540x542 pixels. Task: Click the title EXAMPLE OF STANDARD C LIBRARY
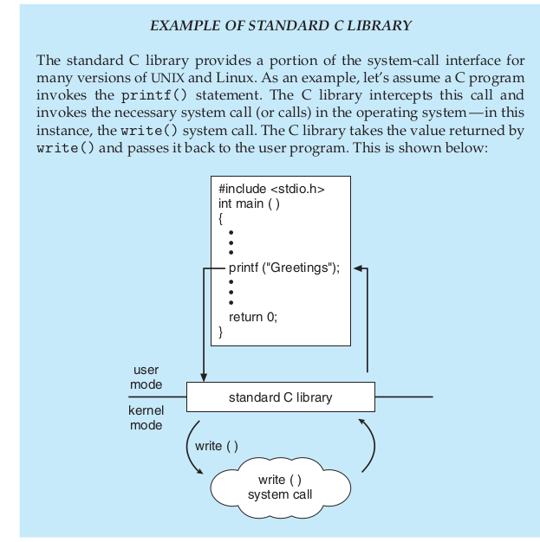click(281, 26)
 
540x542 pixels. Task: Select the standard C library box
click(281, 397)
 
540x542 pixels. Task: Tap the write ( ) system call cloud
click(280, 487)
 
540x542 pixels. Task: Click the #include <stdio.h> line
click(271, 189)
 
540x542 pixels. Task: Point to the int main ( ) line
click(249, 203)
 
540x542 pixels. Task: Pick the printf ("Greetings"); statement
click(284, 268)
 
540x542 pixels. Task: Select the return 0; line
click(253, 317)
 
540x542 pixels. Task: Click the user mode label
click(146, 377)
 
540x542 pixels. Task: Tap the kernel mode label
click(146, 417)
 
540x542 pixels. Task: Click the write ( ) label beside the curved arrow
click(217, 446)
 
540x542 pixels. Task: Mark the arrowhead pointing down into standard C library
click(204, 377)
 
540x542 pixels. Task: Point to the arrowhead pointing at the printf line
click(358, 268)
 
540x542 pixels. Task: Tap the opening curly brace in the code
click(220, 218)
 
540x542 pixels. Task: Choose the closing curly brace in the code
click(220, 332)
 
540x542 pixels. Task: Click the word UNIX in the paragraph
click(168, 78)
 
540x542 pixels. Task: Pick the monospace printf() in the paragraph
click(153, 95)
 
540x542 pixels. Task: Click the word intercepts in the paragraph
click(400, 95)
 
